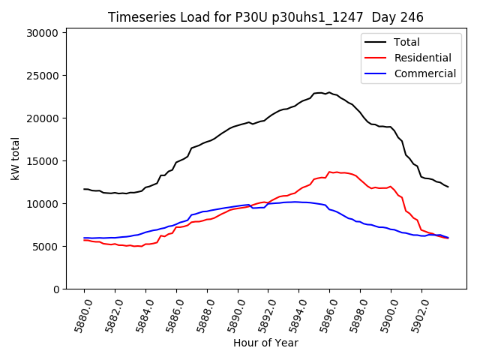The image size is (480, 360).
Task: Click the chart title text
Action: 265,17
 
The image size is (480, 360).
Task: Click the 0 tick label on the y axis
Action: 57,289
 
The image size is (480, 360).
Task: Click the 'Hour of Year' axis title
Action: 265,343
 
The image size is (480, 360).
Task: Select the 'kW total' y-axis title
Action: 15,158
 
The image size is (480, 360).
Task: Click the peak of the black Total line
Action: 328,92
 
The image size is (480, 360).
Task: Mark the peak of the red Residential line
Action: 329,172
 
